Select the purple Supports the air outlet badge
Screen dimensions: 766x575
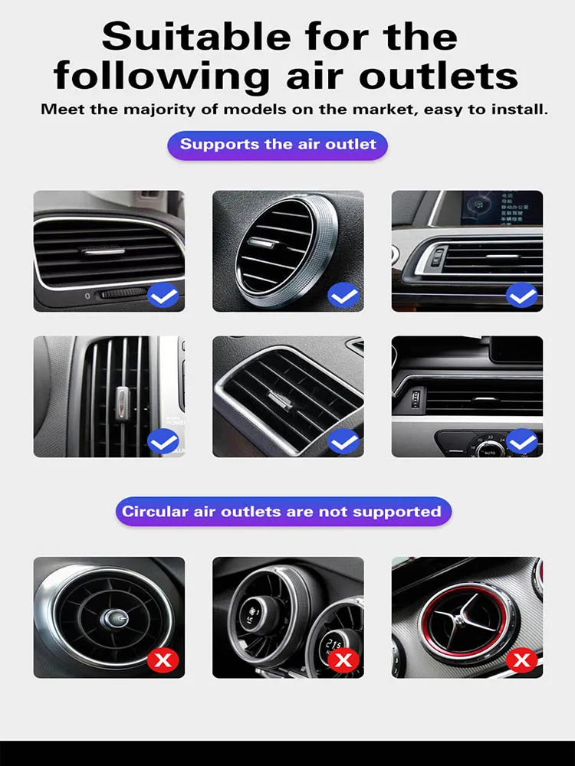point(278,144)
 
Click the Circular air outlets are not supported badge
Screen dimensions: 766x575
point(283,511)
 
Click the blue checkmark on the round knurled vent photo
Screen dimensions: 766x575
point(343,295)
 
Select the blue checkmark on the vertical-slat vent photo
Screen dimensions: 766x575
point(163,441)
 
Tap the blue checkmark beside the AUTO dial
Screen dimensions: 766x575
point(521,441)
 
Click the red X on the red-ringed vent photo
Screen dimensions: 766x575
point(523,660)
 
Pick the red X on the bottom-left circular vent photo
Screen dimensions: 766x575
point(163,660)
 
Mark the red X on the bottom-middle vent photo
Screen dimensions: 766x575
point(343,660)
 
